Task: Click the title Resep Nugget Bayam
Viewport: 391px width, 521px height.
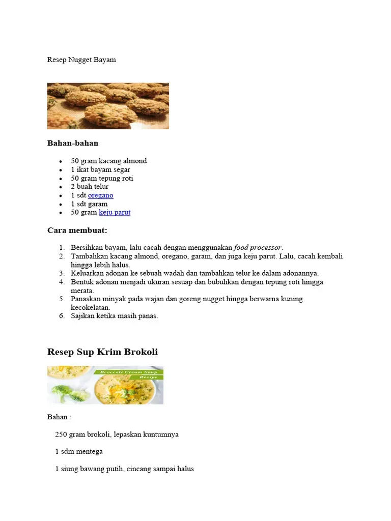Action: (x=81, y=60)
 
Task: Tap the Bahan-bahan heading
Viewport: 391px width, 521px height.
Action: (x=73, y=143)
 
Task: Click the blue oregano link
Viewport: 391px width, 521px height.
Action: (x=100, y=195)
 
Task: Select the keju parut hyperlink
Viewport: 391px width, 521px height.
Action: (x=115, y=212)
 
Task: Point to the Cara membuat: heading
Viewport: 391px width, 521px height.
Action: (x=77, y=230)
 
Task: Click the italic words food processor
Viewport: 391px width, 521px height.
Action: (x=258, y=247)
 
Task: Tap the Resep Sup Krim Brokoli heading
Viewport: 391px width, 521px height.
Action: (x=102, y=352)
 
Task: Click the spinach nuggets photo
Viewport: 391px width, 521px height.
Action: (x=108, y=106)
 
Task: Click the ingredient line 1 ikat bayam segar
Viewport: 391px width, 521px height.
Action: (x=100, y=169)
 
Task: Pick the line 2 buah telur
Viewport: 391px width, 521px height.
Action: (x=90, y=187)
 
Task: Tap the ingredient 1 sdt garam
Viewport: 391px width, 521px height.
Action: (x=89, y=204)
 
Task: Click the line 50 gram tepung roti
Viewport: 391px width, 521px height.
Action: (x=102, y=178)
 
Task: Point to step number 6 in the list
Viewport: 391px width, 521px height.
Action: (x=62, y=316)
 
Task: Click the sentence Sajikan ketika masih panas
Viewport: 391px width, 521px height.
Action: (x=115, y=316)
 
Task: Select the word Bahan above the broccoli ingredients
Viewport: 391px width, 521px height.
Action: (x=57, y=417)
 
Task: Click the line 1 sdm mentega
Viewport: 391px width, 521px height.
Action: (x=79, y=451)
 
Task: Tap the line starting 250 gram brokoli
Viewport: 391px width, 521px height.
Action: (x=117, y=435)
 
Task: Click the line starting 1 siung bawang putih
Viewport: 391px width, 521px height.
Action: (x=124, y=469)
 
